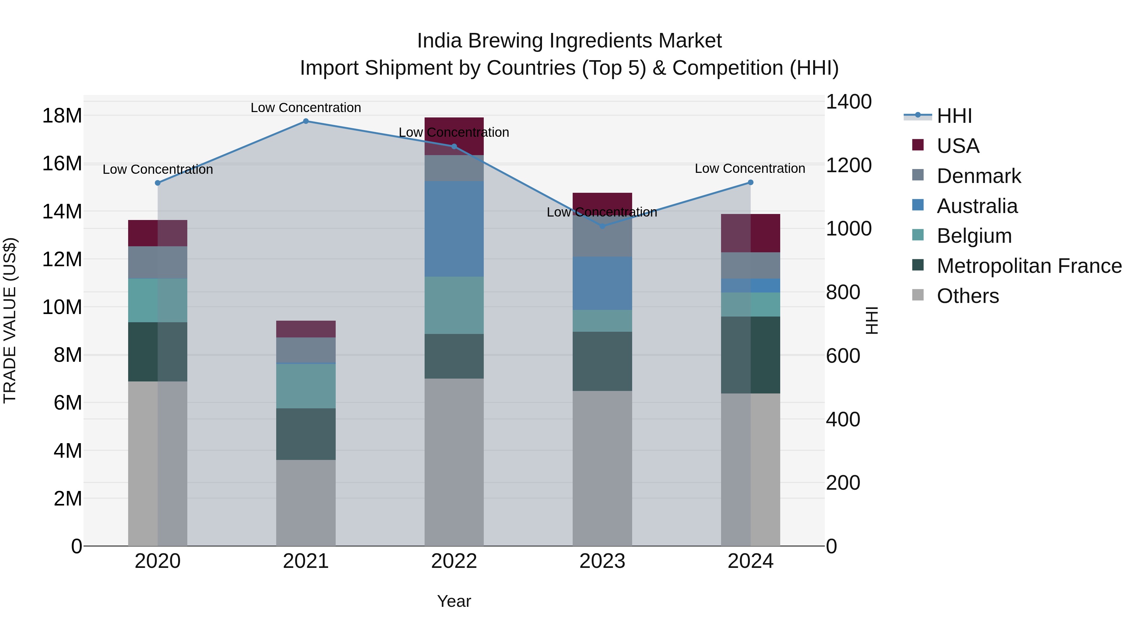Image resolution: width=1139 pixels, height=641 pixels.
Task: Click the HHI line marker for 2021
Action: click(306, 121)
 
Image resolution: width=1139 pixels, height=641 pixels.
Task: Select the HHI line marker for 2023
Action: click(602, 226)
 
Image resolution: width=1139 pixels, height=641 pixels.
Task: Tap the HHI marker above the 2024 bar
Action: click(750, 182)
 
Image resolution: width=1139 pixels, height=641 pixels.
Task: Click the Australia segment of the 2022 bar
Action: click(454, 229)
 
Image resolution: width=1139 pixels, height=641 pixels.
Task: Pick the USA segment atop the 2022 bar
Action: click(454, 136)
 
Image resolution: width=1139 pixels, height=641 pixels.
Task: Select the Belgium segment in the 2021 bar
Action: click(306, 386)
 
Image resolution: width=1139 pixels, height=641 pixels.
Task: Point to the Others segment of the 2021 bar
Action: click(306, 503)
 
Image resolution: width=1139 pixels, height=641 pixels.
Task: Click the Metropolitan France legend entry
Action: click(1029, 266)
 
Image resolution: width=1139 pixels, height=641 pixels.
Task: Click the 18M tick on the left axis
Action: click(62, 116)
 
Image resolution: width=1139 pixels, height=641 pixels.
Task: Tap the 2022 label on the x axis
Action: click(454, 561)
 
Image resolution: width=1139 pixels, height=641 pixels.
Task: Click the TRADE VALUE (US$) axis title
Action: click(10, 320)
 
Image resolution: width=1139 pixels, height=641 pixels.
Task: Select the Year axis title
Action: click(454, 601)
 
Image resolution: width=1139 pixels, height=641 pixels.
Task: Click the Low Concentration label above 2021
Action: click(306, 108)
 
